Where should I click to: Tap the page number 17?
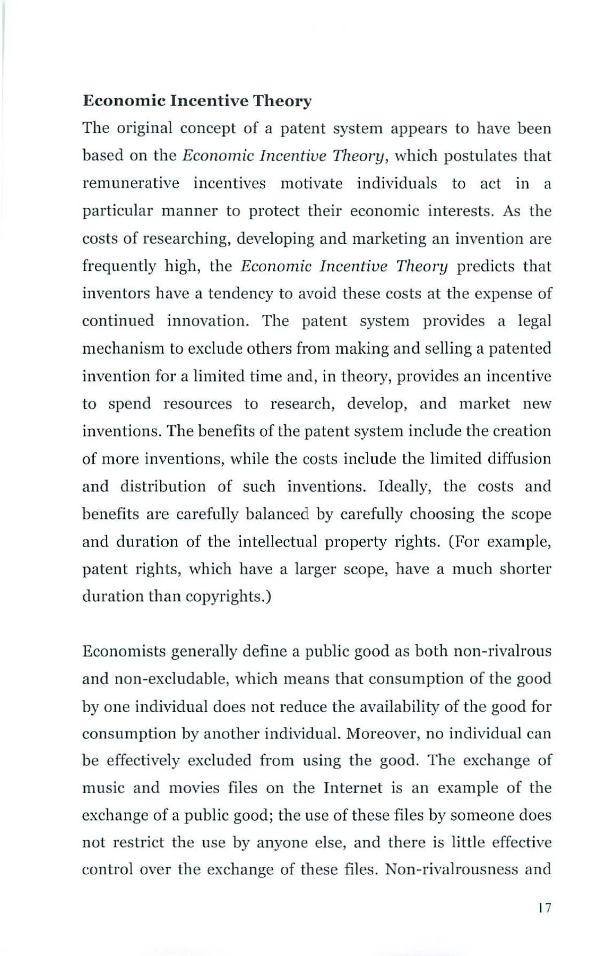[x=545, y=908]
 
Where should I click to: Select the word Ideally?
[x=404, y=486]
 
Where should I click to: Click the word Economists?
[x=122, y=652]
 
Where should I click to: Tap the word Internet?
[x=353, y=788]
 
